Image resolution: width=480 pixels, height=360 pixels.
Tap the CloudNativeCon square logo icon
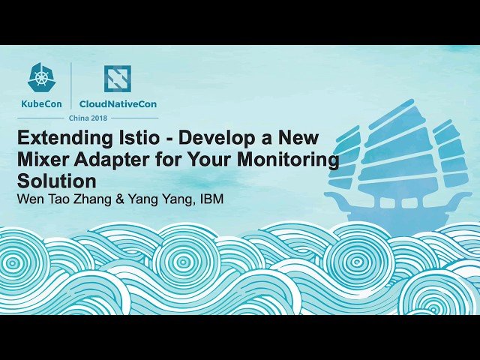click(x=117, y=78)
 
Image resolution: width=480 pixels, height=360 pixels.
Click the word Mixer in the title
click(x=43, y=160)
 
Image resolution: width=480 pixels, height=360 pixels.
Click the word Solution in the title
click(x=57, y=181)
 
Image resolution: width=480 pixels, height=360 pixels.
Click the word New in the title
click(x=298, y=139)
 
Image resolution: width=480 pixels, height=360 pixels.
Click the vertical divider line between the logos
click(x=71, y=86)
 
